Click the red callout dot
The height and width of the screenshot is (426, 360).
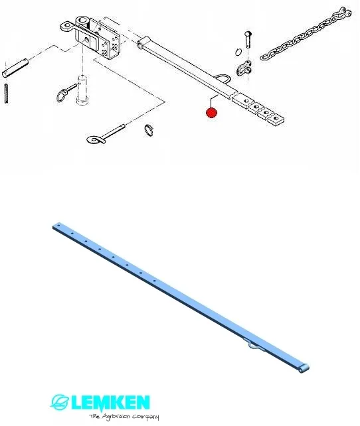211,113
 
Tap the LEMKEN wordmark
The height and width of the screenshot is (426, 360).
110,403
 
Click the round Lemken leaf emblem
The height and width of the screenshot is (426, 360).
59,402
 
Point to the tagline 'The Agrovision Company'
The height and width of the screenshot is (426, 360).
124,417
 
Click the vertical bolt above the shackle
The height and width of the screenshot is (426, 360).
248,40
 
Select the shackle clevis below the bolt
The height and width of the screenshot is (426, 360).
244,70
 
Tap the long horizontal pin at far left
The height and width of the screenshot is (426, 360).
15,68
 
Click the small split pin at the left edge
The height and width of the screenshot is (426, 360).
6,94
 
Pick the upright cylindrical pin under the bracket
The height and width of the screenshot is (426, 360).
82,90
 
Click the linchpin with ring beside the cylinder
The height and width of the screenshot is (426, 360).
65,92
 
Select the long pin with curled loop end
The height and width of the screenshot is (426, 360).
105,135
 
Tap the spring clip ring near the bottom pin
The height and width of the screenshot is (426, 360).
149,129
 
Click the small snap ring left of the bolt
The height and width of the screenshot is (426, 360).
238,51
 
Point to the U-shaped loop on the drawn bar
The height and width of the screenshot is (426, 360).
224,78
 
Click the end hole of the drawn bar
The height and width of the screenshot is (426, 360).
276,118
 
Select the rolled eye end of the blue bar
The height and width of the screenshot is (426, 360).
304,368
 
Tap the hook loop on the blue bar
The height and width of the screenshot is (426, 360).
253,344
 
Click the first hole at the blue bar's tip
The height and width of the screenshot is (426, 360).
58,226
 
